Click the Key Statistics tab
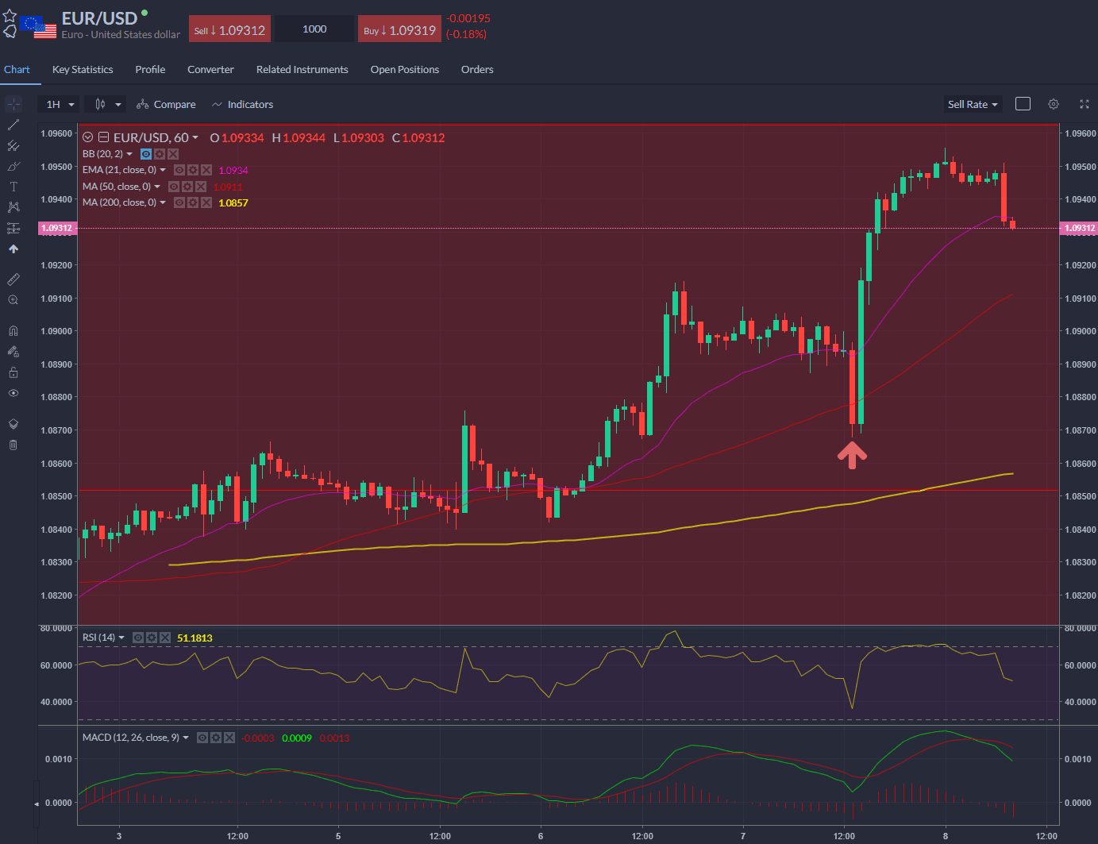click(83, 70)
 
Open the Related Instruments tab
click(302, 70)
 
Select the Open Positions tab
click(404, 70)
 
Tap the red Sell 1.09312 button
click(230, 30)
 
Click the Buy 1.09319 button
click(399, 30)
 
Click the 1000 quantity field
click(314, 29)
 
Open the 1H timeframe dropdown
click(60, 105)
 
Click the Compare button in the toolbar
click(166, 105)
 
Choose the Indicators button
click(242, 105)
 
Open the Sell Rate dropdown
click(973, 105)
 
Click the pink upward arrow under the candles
click(852, 455)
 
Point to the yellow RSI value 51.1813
click(195, 638)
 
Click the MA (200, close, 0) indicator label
click(119, 202)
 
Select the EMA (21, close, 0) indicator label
click(119, 170)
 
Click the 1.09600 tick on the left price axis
click(56, 133)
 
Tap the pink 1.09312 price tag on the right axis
click(1079, 229)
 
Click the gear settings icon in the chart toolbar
click(1054, 104)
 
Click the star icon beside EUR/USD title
click(10, 16)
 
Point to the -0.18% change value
click(466, 35)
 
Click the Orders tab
click(477, 70)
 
